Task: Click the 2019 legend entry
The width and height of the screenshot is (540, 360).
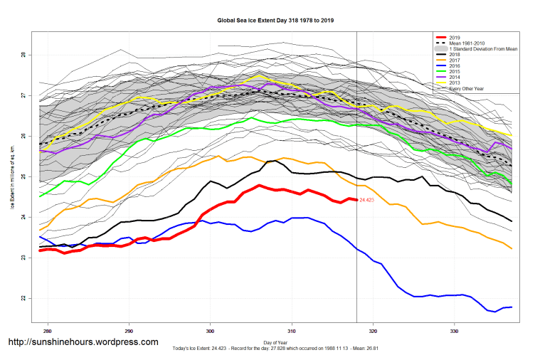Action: pos(455,36)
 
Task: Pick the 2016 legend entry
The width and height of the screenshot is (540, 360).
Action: pos(455,65)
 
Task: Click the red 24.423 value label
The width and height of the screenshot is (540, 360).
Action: pos(368,201)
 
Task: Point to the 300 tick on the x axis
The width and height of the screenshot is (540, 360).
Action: pos(211,332)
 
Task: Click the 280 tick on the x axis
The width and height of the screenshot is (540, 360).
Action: pos(48,332)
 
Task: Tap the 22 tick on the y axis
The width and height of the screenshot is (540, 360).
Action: pos(24,298)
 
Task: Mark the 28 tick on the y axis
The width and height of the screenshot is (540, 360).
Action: pos(24,55)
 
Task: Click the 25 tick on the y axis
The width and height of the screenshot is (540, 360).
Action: pos(24,176)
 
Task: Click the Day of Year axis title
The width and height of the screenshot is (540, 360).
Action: pos(275,343)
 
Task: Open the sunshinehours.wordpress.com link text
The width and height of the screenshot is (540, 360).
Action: pos(83,342)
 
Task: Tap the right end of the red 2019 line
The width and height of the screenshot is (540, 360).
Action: pos(356,200)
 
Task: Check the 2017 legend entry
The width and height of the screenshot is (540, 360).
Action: pos(455,60)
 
